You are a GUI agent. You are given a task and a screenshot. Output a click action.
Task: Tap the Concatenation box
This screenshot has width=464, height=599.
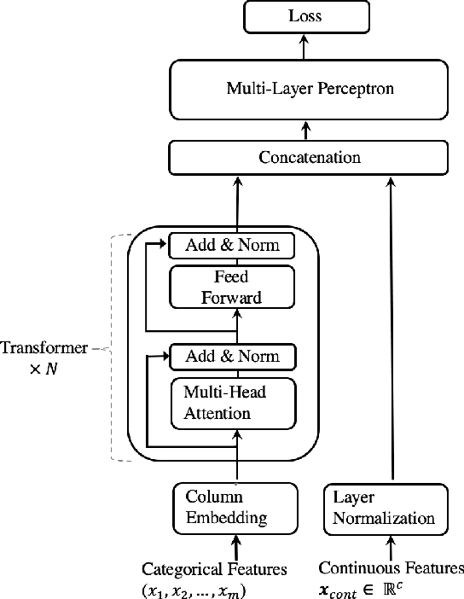click(x=309, y=158)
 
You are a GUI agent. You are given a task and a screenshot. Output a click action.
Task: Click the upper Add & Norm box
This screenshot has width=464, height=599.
click(x=231, y=247)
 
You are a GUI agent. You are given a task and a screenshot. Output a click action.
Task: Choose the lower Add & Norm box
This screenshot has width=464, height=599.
click(x=231, y=355)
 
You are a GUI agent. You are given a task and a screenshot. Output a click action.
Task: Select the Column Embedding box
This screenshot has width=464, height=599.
click(x=235, y=507)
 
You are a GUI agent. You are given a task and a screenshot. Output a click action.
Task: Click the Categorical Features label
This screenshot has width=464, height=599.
click(x=214, y=568)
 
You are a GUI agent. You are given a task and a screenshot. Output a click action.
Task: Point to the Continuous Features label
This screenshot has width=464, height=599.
click(x=391, y=568)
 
